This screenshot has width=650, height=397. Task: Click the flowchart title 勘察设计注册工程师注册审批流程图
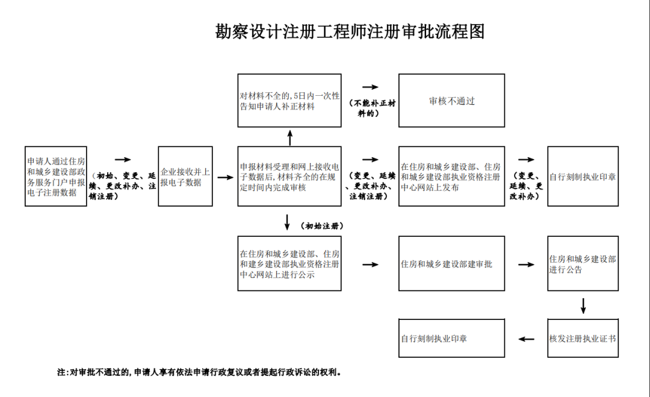[350, 32]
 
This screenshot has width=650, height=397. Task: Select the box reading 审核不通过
[451, 101]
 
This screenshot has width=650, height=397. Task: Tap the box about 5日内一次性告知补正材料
[289, 101]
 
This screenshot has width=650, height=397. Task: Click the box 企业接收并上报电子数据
[185, 177]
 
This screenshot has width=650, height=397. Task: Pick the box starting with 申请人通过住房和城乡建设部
[56, 177]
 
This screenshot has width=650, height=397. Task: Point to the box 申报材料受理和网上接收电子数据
[289, 177]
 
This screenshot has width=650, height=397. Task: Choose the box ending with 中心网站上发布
[451, 177]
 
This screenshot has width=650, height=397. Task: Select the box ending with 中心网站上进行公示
[289, 263]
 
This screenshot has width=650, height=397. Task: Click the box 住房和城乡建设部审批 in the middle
[451, 263]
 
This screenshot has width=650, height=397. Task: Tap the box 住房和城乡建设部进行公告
[583, 263]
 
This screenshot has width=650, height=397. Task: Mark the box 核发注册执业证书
[583, 338]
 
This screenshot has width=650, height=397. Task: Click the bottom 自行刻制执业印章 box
[451, 338]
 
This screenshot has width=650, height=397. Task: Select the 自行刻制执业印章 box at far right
[583, 177]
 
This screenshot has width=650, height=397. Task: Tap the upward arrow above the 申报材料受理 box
[289, 137]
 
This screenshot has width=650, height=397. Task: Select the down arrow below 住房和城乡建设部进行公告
[583, 305]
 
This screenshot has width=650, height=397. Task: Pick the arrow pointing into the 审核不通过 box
[370, 88]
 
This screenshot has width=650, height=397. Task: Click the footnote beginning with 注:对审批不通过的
[199, 372]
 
